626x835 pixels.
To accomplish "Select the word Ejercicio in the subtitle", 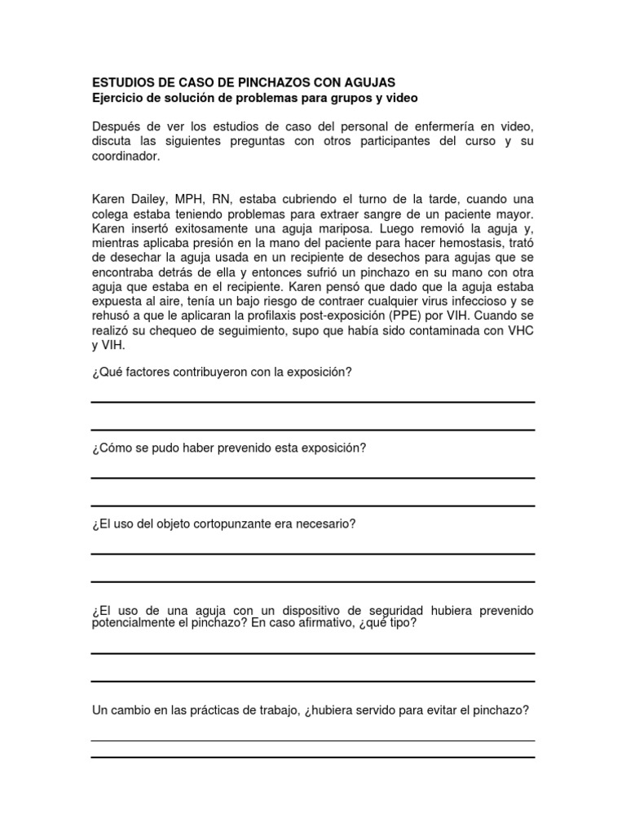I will [120, 98].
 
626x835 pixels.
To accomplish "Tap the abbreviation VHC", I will [518, 332].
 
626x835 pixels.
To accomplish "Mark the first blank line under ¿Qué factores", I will [313, 402].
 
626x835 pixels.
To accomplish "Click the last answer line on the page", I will [313, 758].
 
